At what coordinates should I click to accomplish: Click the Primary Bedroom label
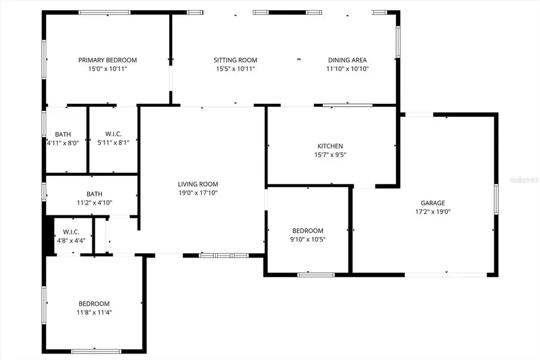pos(107,60)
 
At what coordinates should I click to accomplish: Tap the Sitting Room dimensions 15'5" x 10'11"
pos(236,69)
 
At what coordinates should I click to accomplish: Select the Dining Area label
pos(347,60)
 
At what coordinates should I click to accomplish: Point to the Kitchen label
pos(330,146)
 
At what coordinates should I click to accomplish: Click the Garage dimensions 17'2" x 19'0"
pos(432,212)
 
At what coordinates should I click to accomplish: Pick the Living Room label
pos(198,184)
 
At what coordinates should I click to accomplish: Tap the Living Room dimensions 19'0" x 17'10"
pos(198,193)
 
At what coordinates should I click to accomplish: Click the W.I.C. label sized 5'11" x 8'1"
pos(113,134)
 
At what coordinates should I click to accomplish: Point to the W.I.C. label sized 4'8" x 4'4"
pos(71,232)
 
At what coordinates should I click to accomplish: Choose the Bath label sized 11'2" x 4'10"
pos(94,194)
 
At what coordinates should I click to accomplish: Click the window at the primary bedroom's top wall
pos(106,12)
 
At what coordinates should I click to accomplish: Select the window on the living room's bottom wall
pos(223,255)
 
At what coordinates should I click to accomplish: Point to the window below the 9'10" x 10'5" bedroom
pos(316,275)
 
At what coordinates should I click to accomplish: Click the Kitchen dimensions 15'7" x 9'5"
pos(330,155)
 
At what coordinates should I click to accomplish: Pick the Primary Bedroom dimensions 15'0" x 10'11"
pos(107,69)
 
